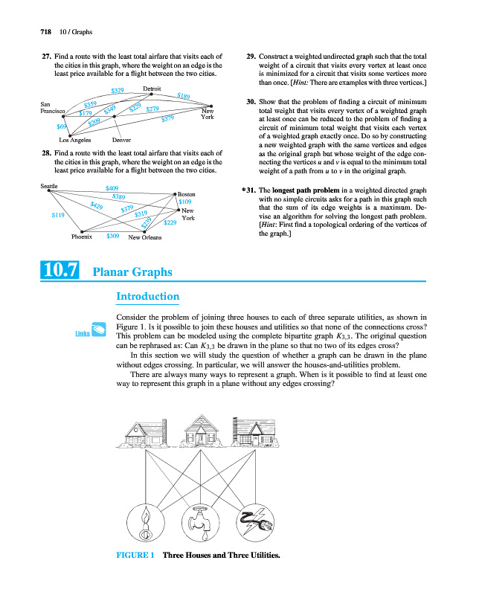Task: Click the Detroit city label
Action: (x=152, y=89)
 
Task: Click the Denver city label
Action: (x=121, y=139)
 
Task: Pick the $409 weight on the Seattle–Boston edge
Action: (x=114, y=188)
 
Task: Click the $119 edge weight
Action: (x=58, y=215)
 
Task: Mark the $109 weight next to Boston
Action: (x=186, y=202)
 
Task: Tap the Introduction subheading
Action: (x=148, y=297)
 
